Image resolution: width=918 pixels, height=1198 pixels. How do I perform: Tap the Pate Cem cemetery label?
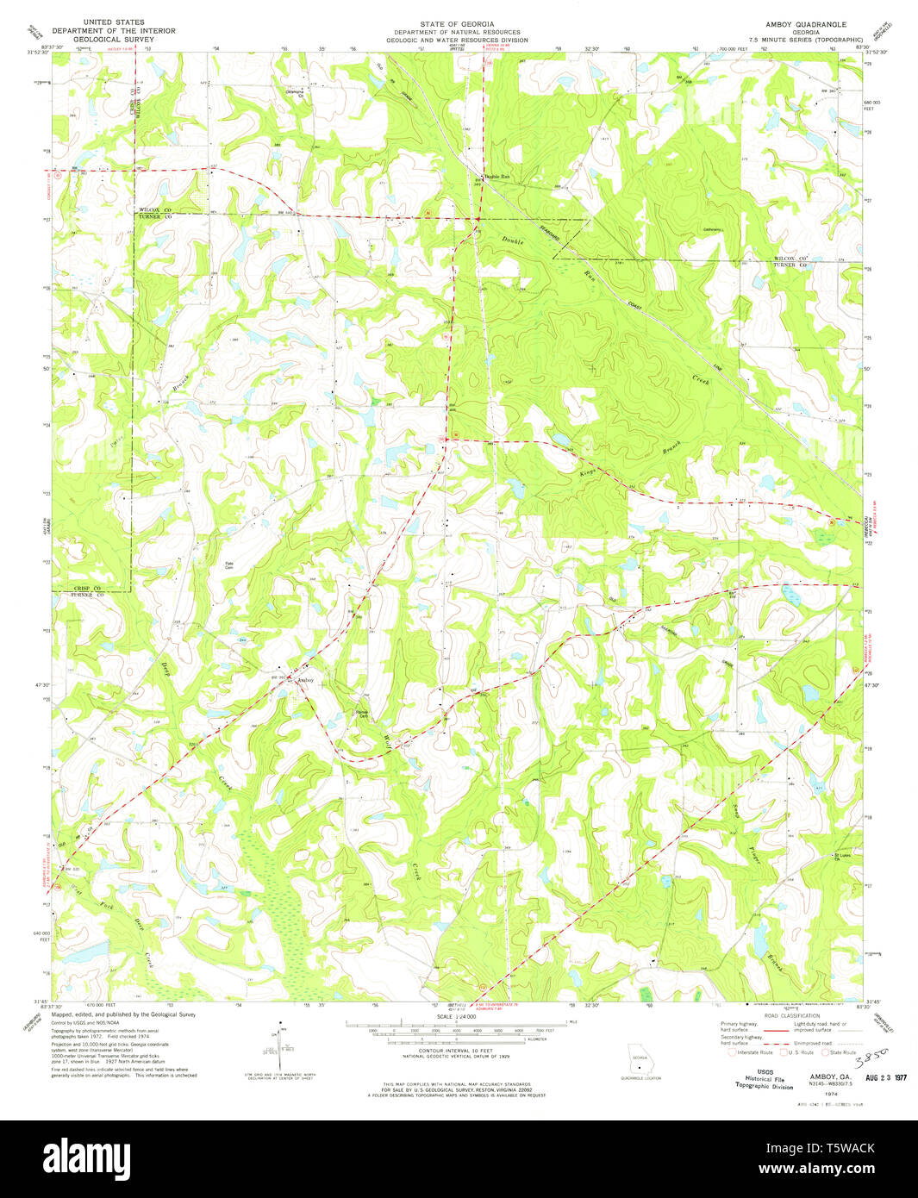[x=230, y=565]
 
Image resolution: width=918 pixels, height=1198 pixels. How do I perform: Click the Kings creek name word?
[x=587, y=473]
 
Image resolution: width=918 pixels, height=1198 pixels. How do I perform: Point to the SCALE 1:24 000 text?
[x=457, y=1018]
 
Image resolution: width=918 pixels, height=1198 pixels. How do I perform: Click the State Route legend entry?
[x=839, y=1052]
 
